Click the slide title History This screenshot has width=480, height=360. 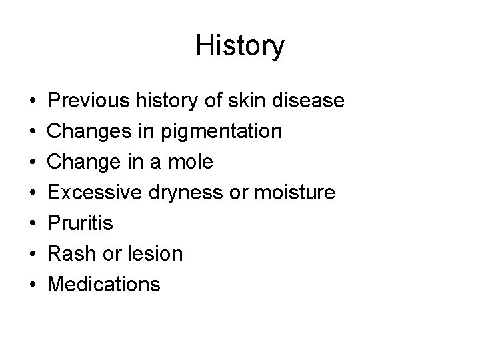(240, 46)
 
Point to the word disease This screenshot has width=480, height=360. (314, 101)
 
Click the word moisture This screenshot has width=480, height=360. (297, 193)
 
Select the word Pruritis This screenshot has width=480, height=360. (81, 223)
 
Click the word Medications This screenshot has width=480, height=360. (105, 285)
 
